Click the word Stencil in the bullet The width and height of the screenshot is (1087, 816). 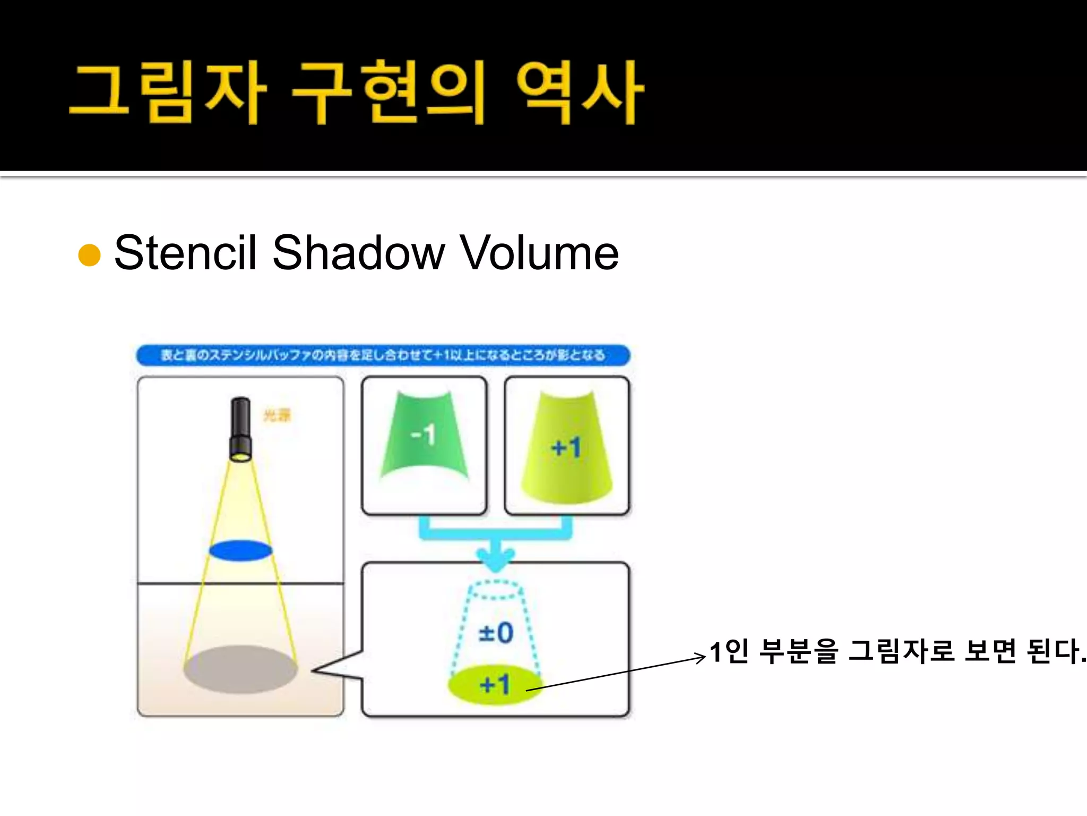[x=185, y=253]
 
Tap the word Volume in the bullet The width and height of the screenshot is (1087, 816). [x=539, y=253]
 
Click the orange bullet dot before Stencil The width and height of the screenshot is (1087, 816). [x=89, y=255]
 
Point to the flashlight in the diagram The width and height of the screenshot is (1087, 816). [x=240, y=429]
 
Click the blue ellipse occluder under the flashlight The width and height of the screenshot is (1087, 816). [x=240, y=550]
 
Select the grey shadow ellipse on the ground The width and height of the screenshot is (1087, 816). [x=240, y=669]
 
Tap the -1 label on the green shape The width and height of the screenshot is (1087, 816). [x=424, y=435]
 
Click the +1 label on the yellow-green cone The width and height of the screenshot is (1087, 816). [x=566, y=447]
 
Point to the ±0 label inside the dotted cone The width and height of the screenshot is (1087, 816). [x=496, y=633]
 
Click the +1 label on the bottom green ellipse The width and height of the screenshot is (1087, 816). [x=495, y=685]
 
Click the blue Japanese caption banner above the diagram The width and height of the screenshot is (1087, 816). [x=383, y=355]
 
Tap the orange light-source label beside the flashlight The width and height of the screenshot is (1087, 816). [x=277, y=415]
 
